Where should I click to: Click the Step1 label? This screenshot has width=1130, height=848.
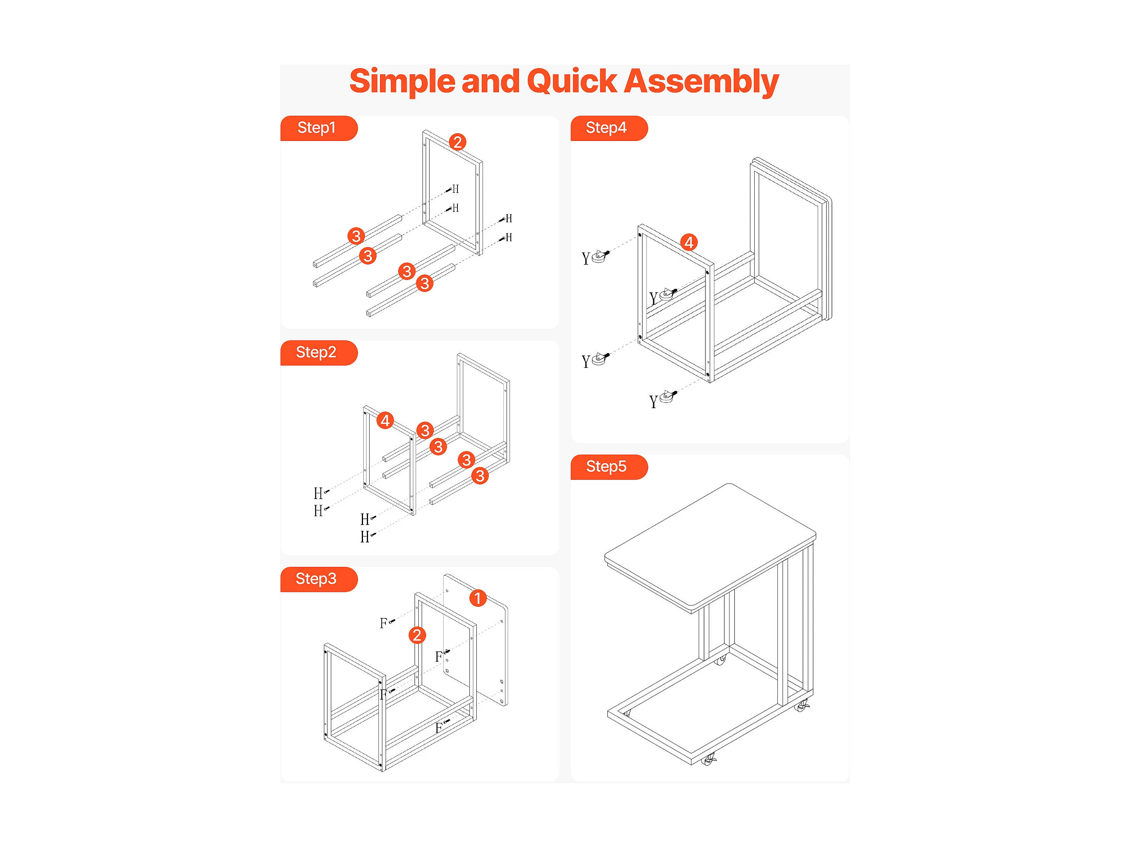point(317,128)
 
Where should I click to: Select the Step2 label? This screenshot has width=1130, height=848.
point(317,352)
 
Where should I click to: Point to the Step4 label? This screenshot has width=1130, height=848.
point(606,128)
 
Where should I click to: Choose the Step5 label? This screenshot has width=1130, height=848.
point(606,467)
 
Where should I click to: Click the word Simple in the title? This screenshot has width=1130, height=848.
point(402,82)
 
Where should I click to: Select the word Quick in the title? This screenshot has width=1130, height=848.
point(572,82)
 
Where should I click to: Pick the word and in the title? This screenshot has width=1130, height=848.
point(490,82)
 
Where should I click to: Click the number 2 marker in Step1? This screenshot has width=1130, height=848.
point(458,142)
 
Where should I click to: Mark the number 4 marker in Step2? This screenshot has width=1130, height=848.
point(385,421)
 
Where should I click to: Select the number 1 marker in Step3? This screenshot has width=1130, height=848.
point(478,598)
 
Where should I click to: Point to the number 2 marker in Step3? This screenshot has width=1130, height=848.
point(417,635)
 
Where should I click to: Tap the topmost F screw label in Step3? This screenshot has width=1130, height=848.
point(383,623)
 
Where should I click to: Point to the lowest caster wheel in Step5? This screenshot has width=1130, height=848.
point(709,760)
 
